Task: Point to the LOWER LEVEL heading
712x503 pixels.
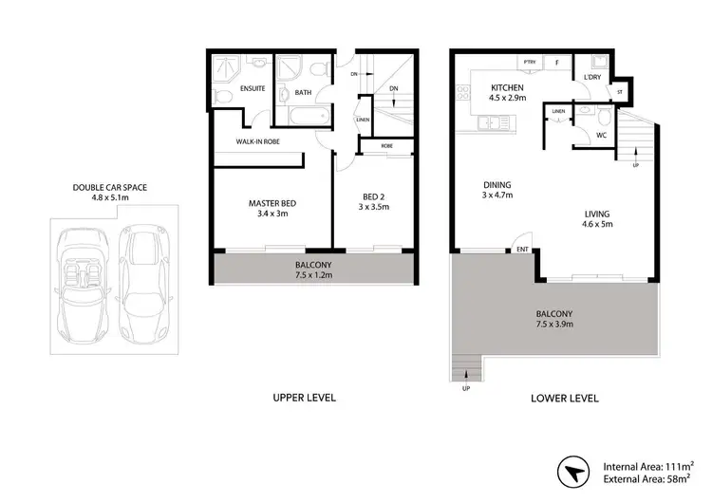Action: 566,398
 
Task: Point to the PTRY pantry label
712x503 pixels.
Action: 528,63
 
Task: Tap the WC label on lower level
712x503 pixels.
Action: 599,134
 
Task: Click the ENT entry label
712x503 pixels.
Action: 521,250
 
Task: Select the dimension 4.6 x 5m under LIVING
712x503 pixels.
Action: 597,226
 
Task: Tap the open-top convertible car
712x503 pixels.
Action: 81,282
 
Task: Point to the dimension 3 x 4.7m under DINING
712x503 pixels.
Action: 497,196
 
